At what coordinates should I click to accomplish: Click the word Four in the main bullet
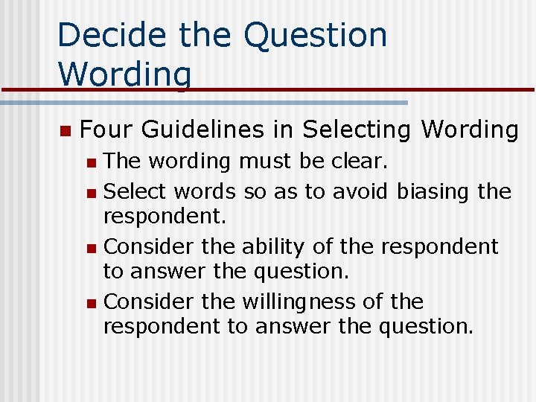pyautogui.click(x=105, y=130)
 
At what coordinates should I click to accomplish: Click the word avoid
pyautogui.click(x=360, y=191)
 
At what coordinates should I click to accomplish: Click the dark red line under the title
pyautogui.click(x=372, y=90)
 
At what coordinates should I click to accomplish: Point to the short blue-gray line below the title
pyautogui.click(x=223, y=102)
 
